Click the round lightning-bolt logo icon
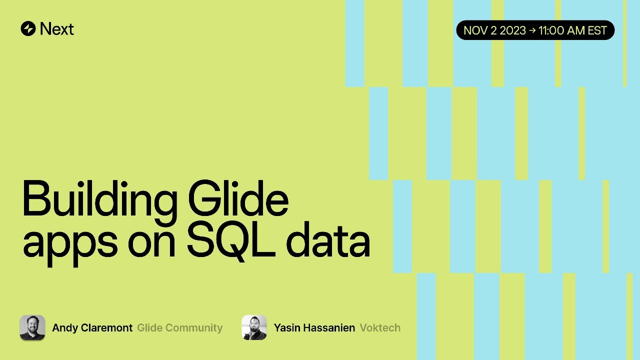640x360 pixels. pyautogui.click(x=28, y=28)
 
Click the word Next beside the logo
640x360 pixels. pyautogui.click(x=57, y=29)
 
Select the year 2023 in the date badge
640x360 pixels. pyautogui.click(x=512, y=30)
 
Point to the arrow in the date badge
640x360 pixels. pyautogui.click(x=532, y=30)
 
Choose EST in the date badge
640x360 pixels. pyautogui.click(x=597, y=30)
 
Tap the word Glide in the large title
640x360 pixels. pyautogui.click(x=238, y=198)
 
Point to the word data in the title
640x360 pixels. pyautogui.click(x=328, y=240)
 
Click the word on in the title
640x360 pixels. pyautogui.click(x=151, y=244)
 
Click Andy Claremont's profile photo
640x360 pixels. pyautogui.click(x=32, y=327)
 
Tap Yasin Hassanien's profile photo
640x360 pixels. pyautogui.click(x=254, y=327)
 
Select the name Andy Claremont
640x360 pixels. pyautogui.click(x=92, y=328)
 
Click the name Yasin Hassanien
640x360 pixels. pyautogui.click(x=314, y=327)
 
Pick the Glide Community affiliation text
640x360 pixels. pyautogui.click(x=179, y=328)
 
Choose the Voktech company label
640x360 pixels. pyautogui.click(x=380, y=327)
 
